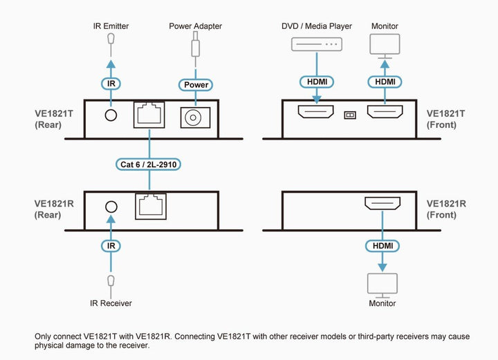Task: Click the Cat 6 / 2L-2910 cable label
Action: click(x=148, y=164)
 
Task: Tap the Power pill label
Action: click(x=196, y=85)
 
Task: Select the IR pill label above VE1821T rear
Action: click(x=111, y=84)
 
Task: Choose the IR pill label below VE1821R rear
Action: click(x=111, y=246)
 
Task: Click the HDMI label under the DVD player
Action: click(x=317, y=82)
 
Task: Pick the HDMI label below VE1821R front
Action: click(x=382, y=246)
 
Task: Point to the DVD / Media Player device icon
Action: click(x=317, y=44)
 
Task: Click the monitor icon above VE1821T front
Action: click(x=385, y=46)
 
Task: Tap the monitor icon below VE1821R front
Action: click(x=382, y=285)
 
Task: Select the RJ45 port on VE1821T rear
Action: click(x=149, y=115)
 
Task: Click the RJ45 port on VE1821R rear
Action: click(x=151, y=207)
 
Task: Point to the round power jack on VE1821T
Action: click(x=193, y=117)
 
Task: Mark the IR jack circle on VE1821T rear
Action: click(x=111, y=115)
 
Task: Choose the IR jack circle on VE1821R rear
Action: click(x=111, y=207)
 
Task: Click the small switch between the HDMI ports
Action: click(x=350, y=115)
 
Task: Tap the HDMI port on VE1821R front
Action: click(x=382, y=203)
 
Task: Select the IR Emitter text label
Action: click(x=111, y=26)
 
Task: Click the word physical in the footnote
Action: click(x=49, y=345)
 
